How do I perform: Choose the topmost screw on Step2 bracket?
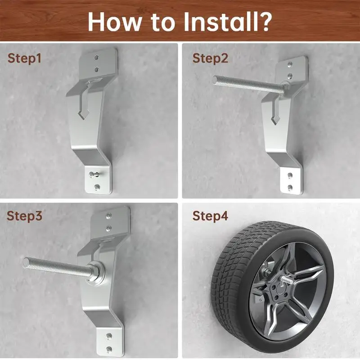pos(291,66)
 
